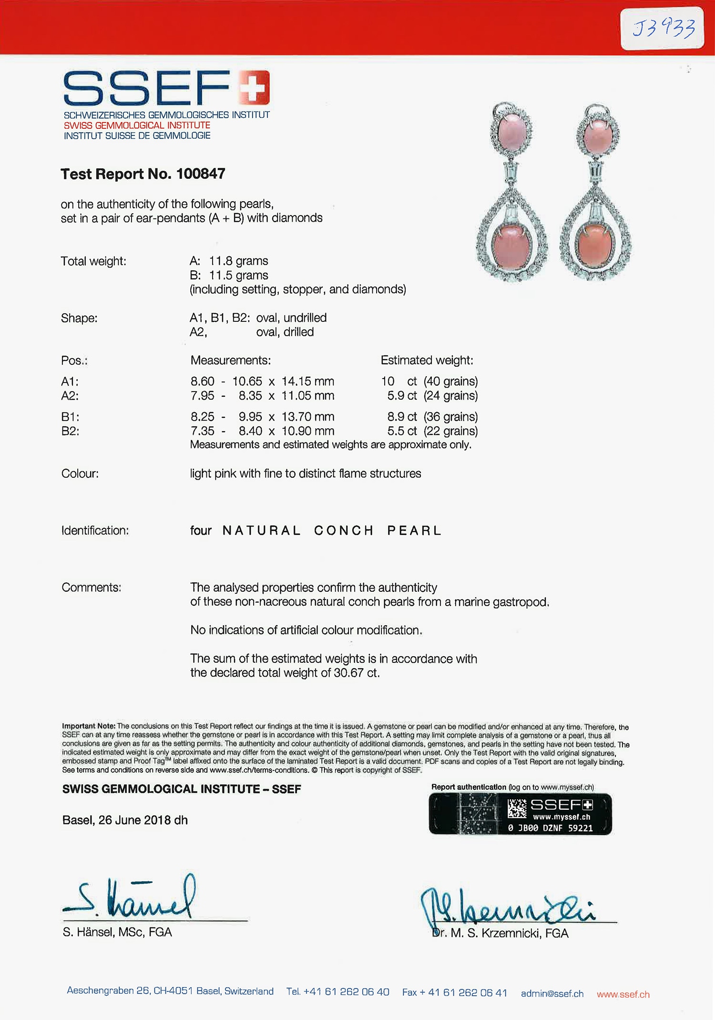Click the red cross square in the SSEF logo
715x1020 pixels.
[x=255, y=87]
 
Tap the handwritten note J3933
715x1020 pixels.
[x=663, y=28]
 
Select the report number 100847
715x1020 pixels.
[x=200, y=174]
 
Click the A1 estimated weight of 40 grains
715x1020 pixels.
[x=450, y=381]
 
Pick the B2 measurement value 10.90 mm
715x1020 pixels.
[x=308, y=431]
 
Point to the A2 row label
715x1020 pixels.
[x=70, y=396]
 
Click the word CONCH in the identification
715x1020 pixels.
[x=344, y=531]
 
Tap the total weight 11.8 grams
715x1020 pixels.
[x=238, y=261]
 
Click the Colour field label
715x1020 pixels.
[x=80, y=474]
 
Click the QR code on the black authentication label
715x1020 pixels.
[x=517, y=809]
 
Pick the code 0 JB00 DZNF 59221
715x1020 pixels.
[x=550, y=828]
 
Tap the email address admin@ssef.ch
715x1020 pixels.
[x=552, y=994]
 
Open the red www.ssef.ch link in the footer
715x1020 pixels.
[x=623, y=994]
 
